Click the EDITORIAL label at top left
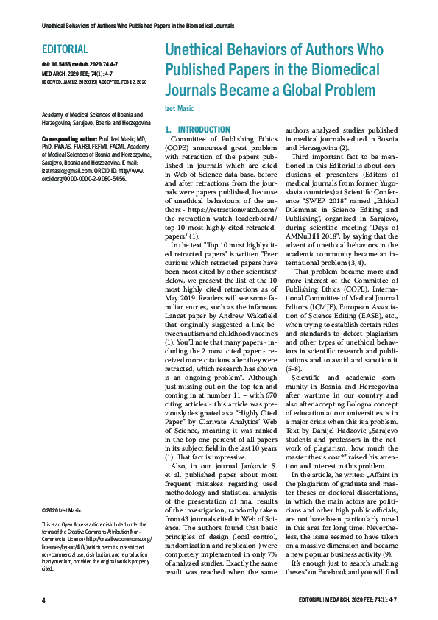coord(65,50)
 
